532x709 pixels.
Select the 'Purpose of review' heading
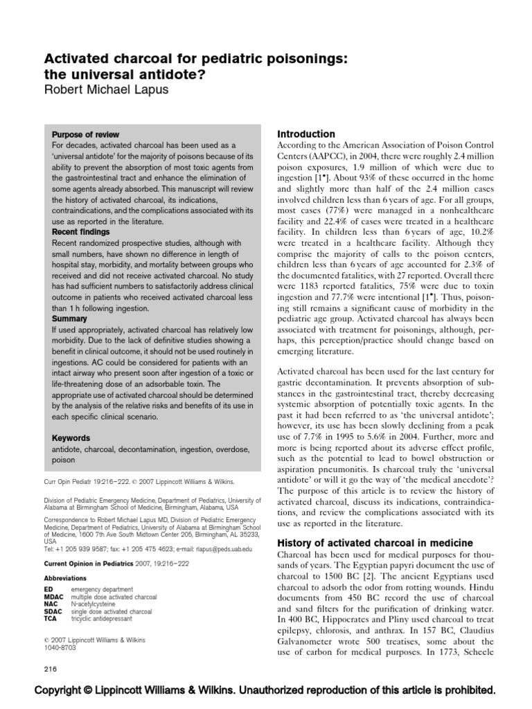86,134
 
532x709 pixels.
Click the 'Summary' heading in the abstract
70,319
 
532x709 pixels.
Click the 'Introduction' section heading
305,134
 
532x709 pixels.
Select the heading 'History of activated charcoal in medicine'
375,542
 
